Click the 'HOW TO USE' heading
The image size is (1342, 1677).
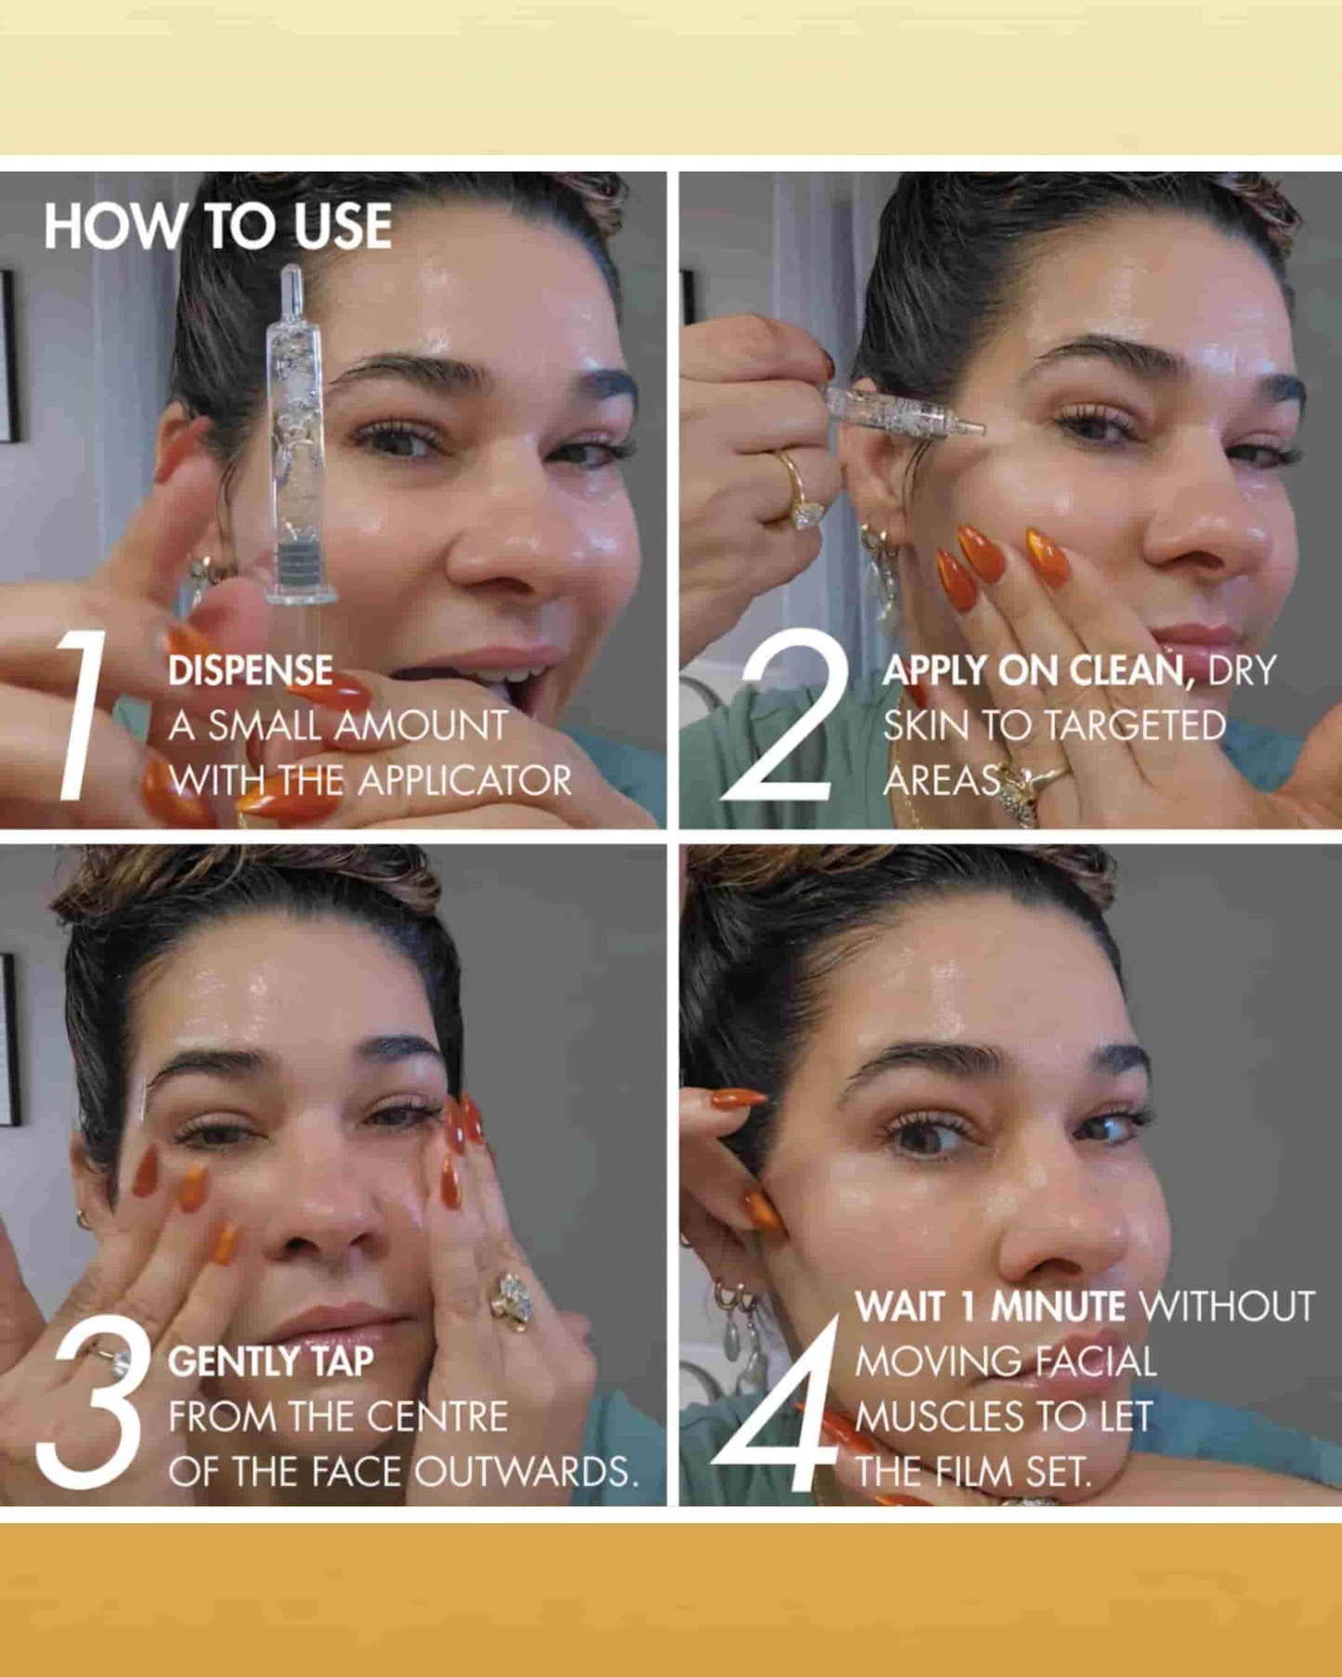(x=217, y=227)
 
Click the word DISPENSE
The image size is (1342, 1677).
(x=250, y=671)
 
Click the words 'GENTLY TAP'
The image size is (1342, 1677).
(x=270, y=1362)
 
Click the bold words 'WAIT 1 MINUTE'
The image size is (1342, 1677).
(x=990, y=1307)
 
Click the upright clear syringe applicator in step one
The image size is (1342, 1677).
(x=294, y=436)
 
